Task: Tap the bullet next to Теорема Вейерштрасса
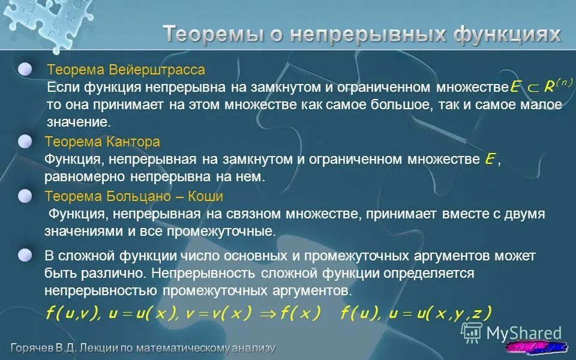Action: (x=25, y=70)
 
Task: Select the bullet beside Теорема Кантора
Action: (x=25, y=142)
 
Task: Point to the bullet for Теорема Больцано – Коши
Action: (x=25, y=196)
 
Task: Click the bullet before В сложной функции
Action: (x=25, y=255)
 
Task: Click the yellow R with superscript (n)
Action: (x=555, y=87)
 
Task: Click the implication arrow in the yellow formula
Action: (x=268, y=313)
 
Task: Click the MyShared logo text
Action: (x=523, y=333)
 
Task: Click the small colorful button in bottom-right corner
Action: (x=537, y=347)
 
